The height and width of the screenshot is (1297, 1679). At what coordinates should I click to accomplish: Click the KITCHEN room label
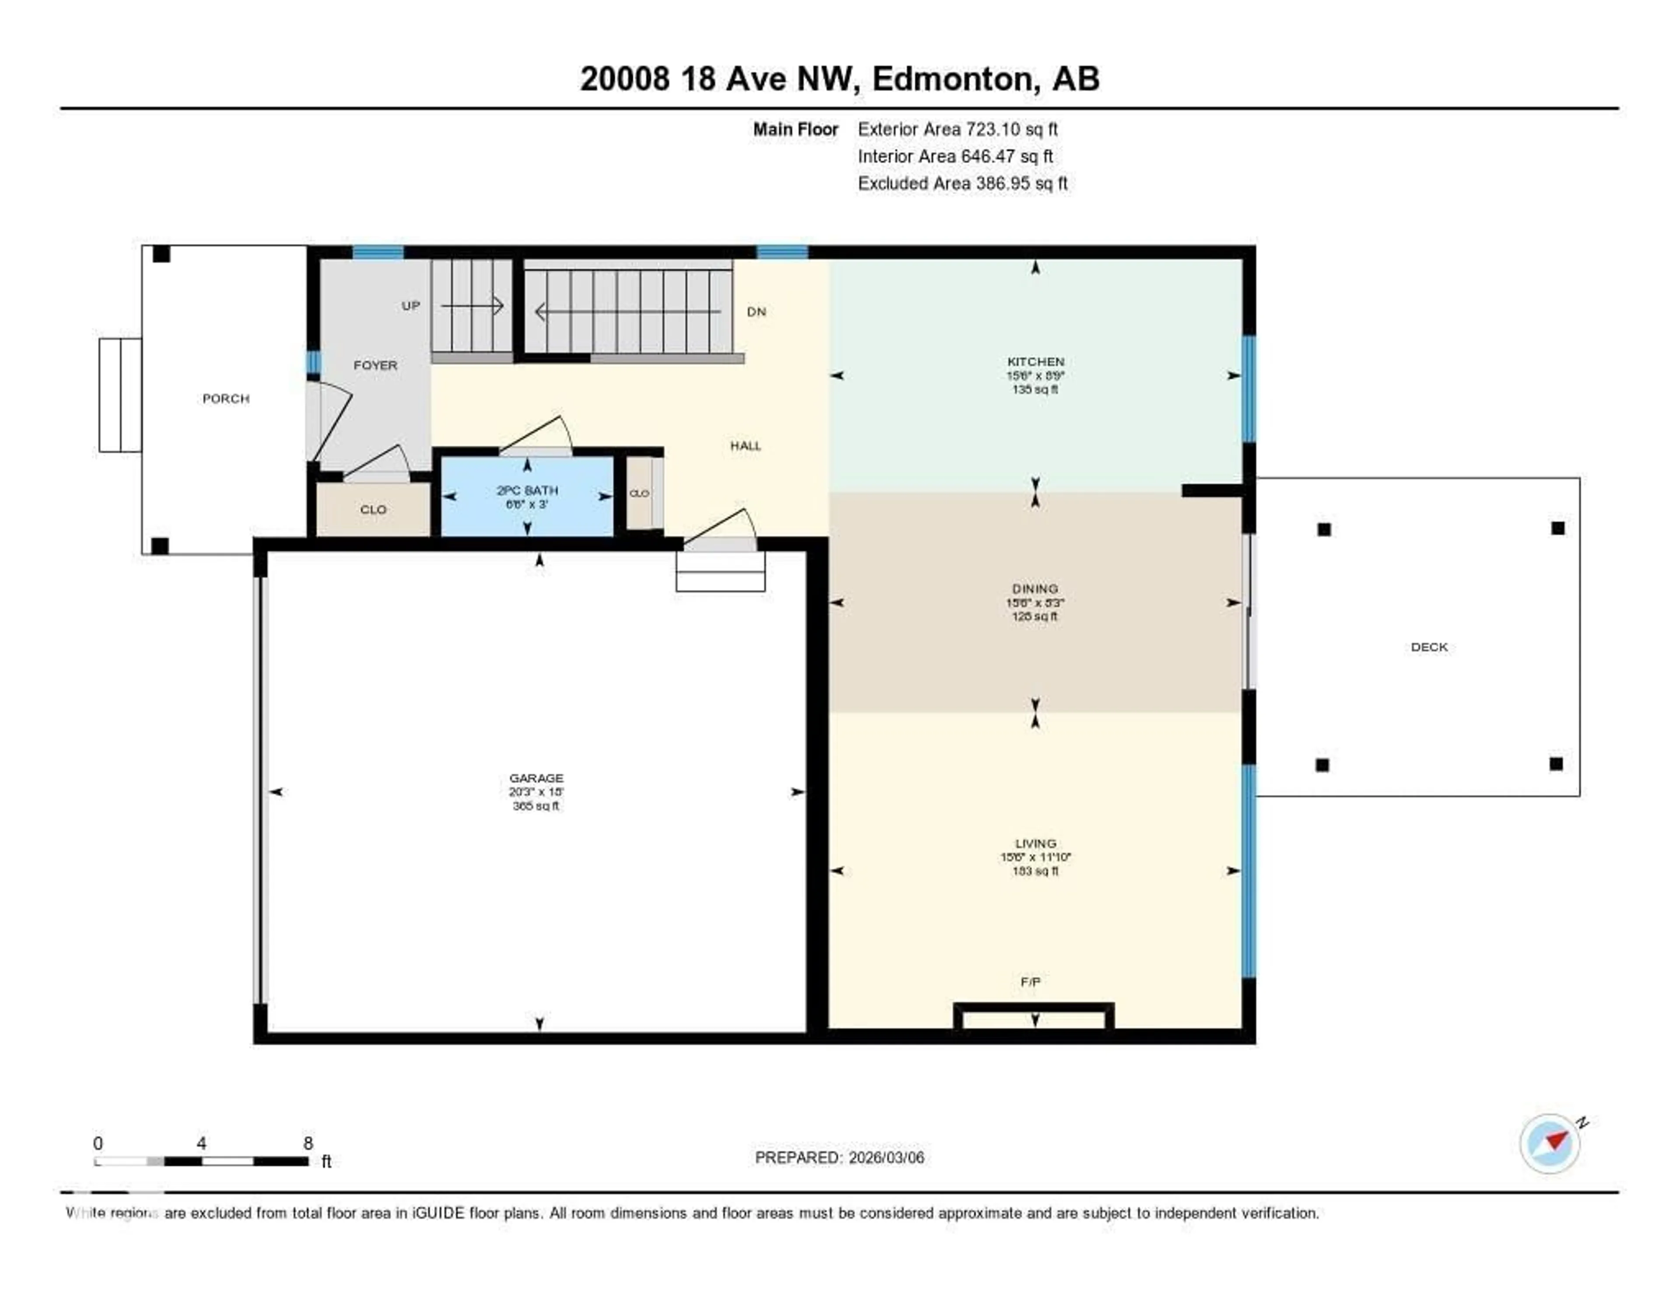point(1035,361)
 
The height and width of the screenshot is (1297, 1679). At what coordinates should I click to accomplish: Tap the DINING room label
point(1035,588)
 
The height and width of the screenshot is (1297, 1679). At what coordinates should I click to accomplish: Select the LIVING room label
point(1035,844)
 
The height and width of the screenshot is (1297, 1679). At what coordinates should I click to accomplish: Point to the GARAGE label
point(536,778)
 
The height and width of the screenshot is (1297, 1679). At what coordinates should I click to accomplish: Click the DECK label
point(1429,647)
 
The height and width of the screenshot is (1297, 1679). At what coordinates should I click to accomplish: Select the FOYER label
point(375,365)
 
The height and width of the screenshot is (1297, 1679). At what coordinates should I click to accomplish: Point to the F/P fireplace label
point(1030,982)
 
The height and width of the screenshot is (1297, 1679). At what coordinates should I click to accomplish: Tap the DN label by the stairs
point(756,311)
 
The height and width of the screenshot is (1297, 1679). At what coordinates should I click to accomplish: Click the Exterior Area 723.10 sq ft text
point(958,129)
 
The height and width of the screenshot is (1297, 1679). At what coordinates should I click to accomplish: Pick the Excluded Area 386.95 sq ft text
point(962,183)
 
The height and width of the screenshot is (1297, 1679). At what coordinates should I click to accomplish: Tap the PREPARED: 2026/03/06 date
point(839,1158)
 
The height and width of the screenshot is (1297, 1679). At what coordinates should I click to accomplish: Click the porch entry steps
point(120,395)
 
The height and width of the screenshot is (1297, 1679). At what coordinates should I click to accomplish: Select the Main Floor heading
point(795,129)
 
